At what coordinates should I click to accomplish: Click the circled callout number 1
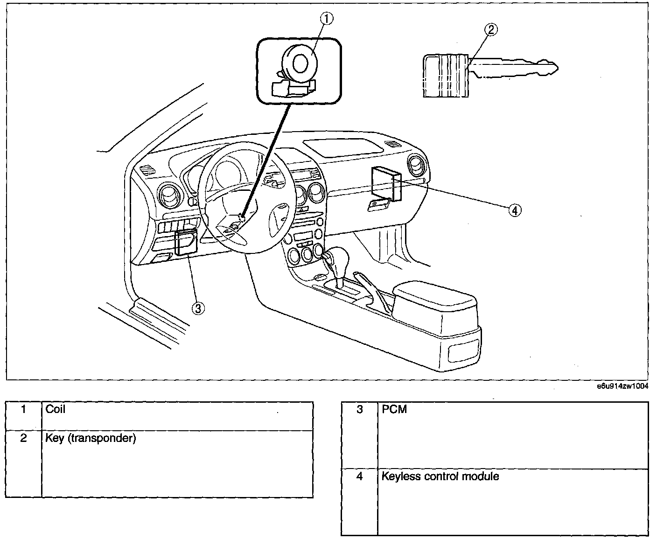(327, 19)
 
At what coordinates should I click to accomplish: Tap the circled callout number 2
(491, 29)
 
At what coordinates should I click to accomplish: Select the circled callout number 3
(198, 308)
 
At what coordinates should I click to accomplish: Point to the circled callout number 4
(515, 210)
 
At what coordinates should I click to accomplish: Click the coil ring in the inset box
(299, 63)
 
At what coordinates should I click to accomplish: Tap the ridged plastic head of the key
(446, 76)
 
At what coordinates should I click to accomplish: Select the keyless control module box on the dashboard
(386, 183)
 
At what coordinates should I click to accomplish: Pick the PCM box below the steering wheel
(186, 242)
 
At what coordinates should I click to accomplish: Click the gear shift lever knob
(339, 257)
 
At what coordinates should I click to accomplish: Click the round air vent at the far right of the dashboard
(418, 165)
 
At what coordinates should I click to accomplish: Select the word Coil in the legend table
(56, 409)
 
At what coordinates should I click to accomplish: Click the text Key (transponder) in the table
(91, 438)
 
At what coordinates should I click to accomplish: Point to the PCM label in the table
(394, 409)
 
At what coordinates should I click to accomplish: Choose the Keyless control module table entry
(440, 476)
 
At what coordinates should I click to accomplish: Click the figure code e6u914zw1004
(622, 386)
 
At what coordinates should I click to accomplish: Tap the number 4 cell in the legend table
(359, 476)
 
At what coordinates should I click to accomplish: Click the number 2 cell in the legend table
(23, 438)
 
